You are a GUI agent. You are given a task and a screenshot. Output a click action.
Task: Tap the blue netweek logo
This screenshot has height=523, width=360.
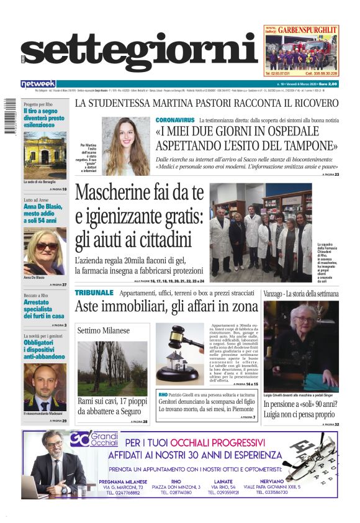coord(38,84)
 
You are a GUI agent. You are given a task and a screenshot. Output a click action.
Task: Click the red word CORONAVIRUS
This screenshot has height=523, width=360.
coord(175,119)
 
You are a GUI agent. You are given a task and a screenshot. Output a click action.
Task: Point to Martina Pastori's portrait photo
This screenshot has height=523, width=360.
coord(125,147)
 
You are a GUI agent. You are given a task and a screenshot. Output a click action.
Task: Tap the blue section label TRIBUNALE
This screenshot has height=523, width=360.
coord(94,292)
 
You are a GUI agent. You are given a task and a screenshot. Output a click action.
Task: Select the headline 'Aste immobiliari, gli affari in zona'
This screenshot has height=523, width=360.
coord(166,306)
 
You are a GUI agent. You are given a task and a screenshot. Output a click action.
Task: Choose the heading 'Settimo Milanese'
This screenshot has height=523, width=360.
coord(104,330)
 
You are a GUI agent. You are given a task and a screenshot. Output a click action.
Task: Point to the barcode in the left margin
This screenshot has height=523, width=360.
coord(11,115)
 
